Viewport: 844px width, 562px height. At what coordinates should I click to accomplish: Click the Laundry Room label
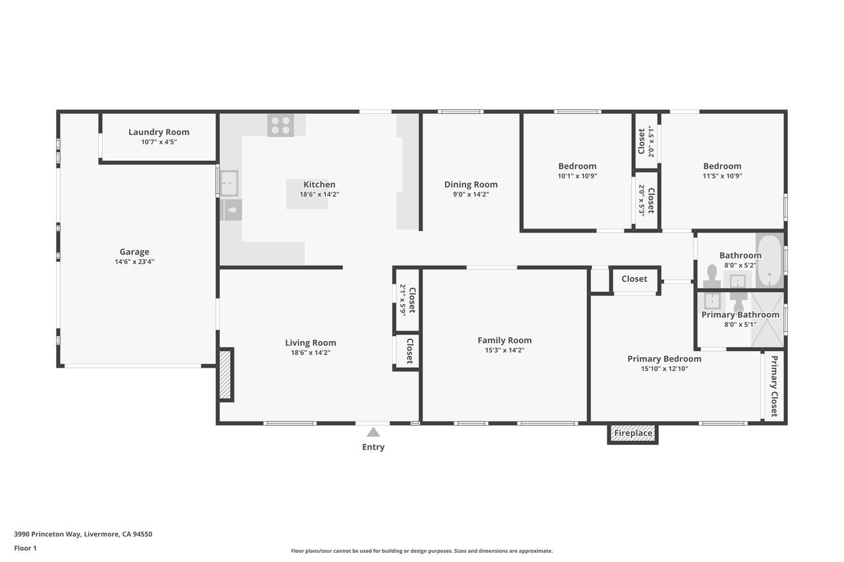(x=159, y=132)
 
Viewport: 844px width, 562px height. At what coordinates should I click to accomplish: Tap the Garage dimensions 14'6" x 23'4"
(x=135, y=262)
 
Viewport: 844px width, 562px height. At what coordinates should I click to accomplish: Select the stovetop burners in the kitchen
(x=281, y=125)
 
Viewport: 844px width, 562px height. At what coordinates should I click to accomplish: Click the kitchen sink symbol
(x=229, y=183)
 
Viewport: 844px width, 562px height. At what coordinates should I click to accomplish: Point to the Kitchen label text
(x=319, y=184)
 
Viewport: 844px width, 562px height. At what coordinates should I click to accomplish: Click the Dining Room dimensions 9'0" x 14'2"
(x=471, y=194)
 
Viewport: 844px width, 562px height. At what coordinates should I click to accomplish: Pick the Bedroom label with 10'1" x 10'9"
(x=577, y=166)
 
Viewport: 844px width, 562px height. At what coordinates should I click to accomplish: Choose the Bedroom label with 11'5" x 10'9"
(x=722, y=166)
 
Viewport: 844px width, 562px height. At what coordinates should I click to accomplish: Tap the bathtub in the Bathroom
(x=769, y=260)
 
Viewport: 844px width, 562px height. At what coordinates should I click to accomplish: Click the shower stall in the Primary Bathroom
(x=768, y=320)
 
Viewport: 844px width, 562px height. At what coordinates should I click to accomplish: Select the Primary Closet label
(x=774, y=386)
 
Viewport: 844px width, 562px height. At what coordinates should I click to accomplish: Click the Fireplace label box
(x=632, y=434)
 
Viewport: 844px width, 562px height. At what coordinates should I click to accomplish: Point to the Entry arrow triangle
(x=373, y=432)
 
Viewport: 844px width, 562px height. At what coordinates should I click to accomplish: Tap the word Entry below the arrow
(x=373, y=447)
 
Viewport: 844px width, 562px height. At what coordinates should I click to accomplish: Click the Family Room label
(x=504, y=340)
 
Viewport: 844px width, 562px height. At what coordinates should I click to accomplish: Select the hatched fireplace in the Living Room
(x=225, y=374)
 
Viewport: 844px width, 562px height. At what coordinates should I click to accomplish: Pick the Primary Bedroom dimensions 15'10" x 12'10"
(x=664, y=368)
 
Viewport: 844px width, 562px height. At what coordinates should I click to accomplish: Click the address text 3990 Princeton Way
(x=47, y=534)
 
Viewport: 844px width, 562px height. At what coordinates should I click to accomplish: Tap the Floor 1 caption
(x=25, y=548)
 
